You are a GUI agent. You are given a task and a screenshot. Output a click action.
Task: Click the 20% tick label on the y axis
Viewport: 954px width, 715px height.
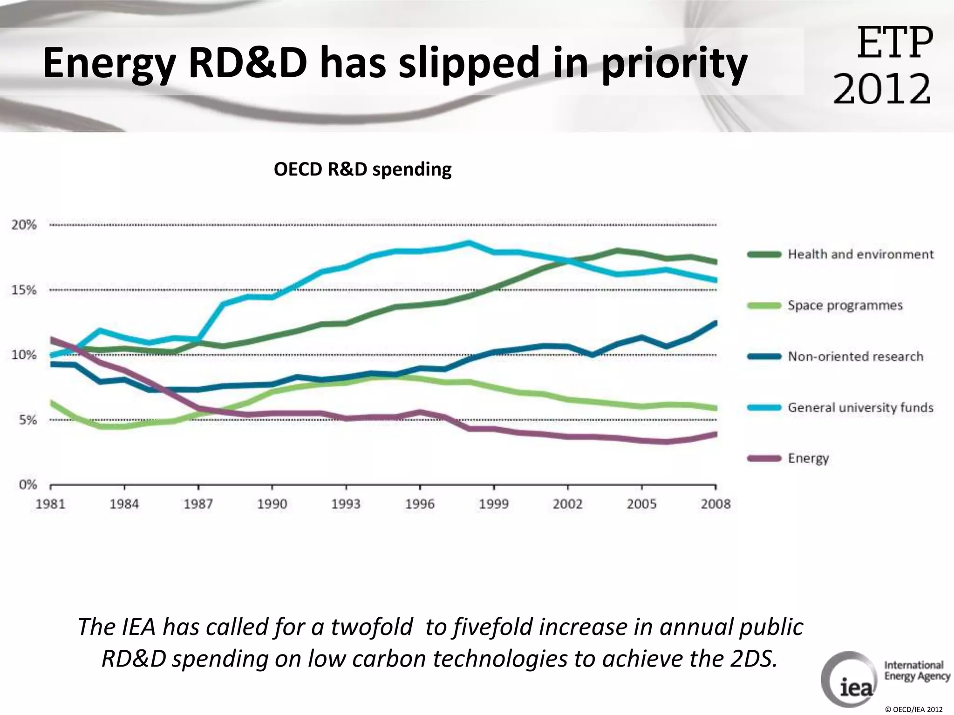tap(24, 225)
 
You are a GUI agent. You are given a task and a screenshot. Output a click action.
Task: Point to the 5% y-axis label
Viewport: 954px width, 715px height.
tap(27, 420)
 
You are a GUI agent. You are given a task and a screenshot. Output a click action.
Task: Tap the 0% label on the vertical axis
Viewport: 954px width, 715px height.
tap(27, 485)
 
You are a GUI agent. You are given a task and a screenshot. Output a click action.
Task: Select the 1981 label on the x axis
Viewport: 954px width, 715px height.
tap(50, 504)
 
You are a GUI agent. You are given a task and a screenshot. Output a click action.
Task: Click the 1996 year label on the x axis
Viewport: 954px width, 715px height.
tap(420, 504)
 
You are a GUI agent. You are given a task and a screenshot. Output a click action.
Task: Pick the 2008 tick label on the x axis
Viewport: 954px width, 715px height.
tap(715, 504)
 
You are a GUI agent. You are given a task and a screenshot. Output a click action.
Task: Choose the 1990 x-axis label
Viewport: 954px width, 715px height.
tap(272, 504)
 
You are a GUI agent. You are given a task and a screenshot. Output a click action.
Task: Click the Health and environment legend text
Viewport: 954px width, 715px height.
tap(860, 254)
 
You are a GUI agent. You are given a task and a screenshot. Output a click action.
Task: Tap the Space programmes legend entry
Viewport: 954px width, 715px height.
tap(845, 305)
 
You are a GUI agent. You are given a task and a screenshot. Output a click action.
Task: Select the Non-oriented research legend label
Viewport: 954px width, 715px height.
tap(855, 357)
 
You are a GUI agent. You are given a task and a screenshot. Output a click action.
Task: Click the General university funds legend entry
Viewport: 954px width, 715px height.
tap(860, 408)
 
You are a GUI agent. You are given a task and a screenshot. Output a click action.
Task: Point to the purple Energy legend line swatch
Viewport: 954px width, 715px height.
tap(764, 459)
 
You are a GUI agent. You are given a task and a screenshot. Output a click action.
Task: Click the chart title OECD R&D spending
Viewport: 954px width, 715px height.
tap(362, 169)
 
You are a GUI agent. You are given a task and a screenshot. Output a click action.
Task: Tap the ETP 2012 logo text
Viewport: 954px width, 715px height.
tap(883, 65)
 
